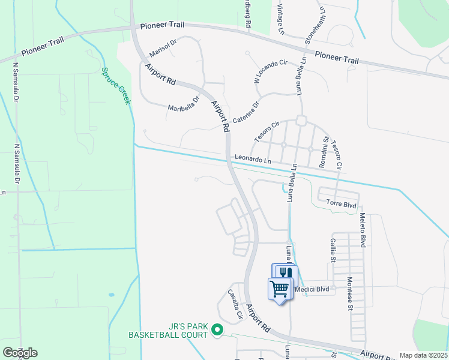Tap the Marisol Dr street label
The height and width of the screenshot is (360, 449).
[x=163, y=46]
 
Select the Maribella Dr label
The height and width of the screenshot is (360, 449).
[x=184, y=104]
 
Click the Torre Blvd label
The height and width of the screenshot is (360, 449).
[x=342, y=205]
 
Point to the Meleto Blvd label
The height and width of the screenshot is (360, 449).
[x=363, y=232]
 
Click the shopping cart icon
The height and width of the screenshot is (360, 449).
[x=280, y=289]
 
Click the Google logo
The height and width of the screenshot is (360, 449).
[x=20, y=352]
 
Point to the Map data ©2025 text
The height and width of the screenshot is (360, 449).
[x=423, y=355]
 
